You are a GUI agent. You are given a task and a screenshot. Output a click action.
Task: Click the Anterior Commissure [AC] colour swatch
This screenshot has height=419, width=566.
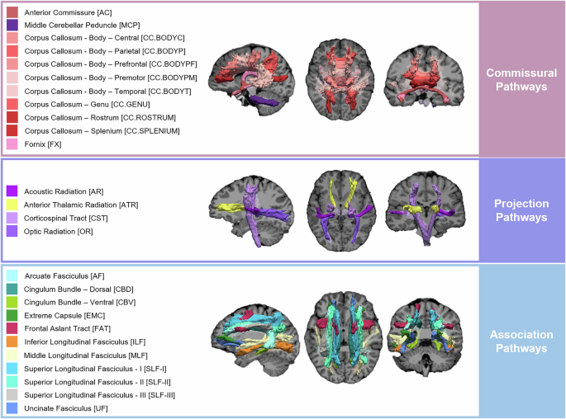point(12,13)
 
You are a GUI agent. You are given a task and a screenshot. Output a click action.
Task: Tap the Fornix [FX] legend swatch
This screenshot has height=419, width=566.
point(12,144)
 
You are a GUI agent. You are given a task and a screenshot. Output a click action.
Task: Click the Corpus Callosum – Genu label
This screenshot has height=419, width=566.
point(83,105)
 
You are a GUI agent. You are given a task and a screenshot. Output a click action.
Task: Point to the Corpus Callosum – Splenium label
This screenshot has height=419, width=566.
point(90,131)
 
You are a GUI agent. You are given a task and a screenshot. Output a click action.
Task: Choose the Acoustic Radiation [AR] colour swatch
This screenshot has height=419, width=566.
point(12,191)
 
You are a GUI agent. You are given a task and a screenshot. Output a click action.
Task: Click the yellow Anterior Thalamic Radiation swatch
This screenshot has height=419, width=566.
point(12,205)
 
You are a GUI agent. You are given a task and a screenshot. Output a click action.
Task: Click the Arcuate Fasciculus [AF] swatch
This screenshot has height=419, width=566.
point(12,276)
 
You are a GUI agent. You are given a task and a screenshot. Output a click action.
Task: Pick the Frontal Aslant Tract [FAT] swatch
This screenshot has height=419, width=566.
point(12,329)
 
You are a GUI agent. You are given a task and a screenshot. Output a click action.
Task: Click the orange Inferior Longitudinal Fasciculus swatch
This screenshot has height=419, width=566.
point(12,342)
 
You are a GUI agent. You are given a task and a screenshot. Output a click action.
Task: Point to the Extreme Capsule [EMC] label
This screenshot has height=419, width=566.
point(66,316)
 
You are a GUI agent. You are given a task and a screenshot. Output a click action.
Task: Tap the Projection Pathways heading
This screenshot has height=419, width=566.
point(521,210)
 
